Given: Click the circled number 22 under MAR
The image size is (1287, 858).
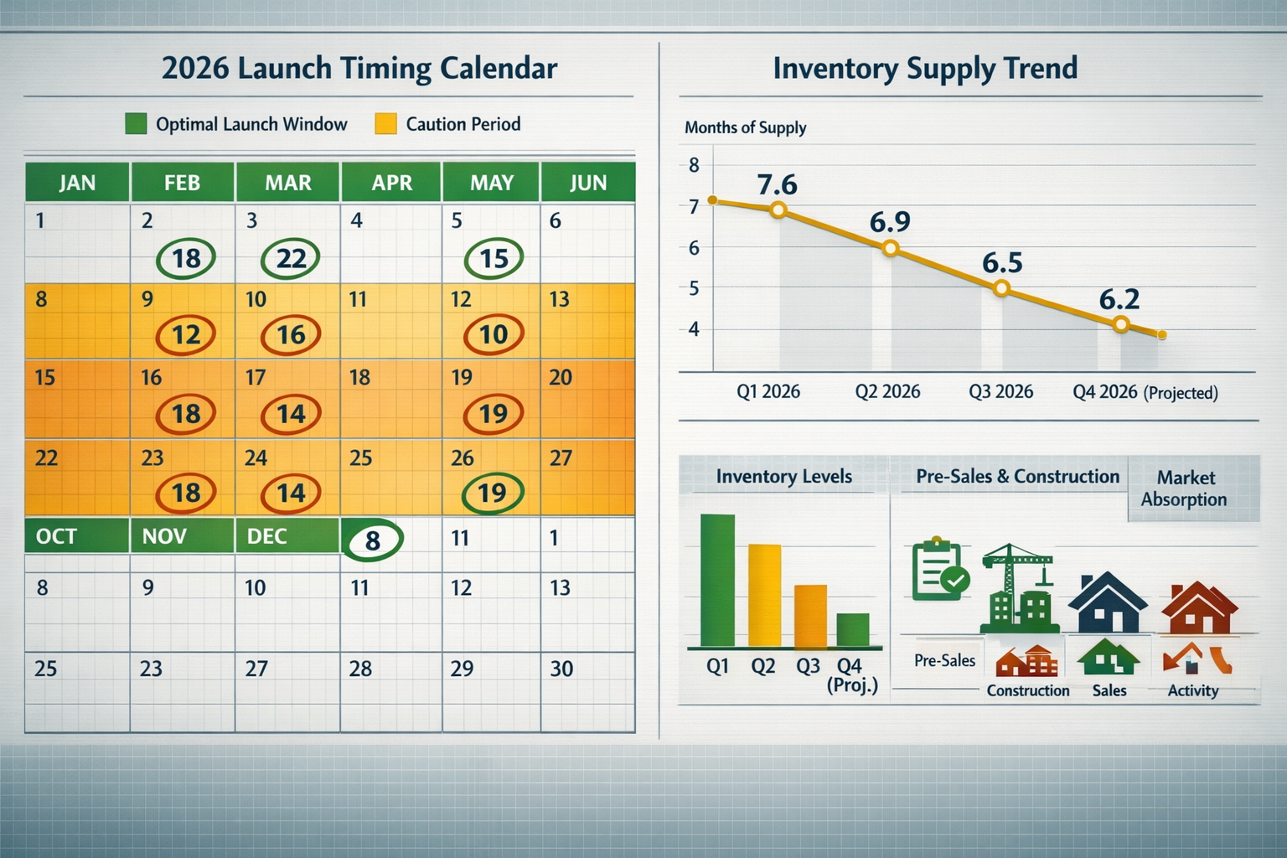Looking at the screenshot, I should click(290, 258).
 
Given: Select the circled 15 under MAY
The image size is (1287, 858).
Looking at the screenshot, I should click(494, 258).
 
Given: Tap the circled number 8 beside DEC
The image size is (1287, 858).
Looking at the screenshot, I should click(373, 540).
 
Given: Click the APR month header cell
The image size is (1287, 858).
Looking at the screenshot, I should click(391, 183).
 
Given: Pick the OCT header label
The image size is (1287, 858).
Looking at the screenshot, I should click(56, 536).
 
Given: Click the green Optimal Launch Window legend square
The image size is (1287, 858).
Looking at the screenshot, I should click(136, 124).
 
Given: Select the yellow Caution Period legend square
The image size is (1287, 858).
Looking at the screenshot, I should click(385, 124).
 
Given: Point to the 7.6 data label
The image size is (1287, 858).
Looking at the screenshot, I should click(777, 184).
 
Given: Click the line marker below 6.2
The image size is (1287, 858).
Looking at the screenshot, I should click(1122, 325).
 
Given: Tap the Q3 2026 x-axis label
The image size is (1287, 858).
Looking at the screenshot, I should click(1000, 392).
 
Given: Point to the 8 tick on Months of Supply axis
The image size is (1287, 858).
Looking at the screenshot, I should click(694, 165).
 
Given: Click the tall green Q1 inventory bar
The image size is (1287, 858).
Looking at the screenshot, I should click(717, 580).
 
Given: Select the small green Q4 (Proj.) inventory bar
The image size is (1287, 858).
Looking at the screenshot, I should click(852, 629).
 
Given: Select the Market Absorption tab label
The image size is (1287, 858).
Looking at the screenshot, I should click(1184, 488).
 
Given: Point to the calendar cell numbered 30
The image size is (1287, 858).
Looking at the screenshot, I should click(587, 687).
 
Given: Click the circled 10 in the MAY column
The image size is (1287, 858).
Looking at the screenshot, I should click(494, 334).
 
